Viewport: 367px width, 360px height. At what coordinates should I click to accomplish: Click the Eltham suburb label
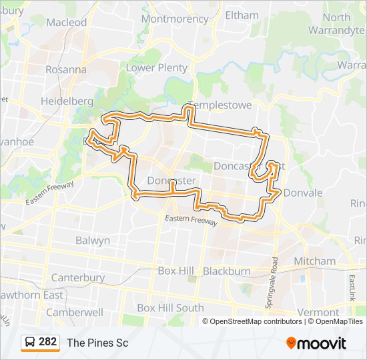[242, 15]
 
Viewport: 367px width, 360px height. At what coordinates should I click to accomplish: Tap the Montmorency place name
[175, 19]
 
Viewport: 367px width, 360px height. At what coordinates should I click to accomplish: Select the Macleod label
[67, 22]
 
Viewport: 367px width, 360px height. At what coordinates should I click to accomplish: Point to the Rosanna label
[66, 69]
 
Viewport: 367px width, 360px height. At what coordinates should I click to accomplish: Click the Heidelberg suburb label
[67, 100]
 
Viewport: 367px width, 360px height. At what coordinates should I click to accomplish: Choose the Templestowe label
[211, 105]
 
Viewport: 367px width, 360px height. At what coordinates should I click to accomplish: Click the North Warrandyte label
[336, 23]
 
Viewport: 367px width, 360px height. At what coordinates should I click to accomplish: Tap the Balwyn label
[93, 240]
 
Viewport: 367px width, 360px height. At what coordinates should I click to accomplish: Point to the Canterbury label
[78, 277]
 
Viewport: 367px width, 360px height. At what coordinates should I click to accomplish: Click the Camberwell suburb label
[74, 311]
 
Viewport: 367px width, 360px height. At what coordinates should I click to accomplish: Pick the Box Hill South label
[170, 308]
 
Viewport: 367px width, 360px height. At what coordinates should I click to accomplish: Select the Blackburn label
[226, 271]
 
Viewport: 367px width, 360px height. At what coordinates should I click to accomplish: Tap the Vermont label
[318, 312]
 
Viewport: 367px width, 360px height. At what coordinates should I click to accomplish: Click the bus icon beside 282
[30, 343]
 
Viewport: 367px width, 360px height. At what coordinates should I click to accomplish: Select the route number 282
[48, 342]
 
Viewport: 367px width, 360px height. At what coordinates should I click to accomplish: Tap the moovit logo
[316, 343]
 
